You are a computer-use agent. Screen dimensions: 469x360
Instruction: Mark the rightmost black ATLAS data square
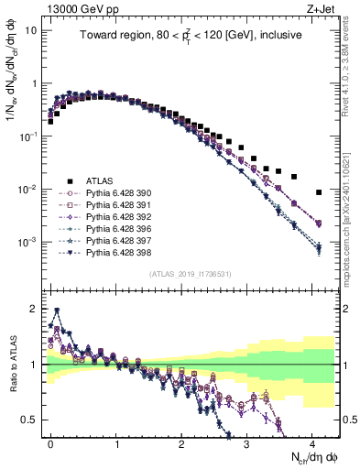point(318,192)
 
